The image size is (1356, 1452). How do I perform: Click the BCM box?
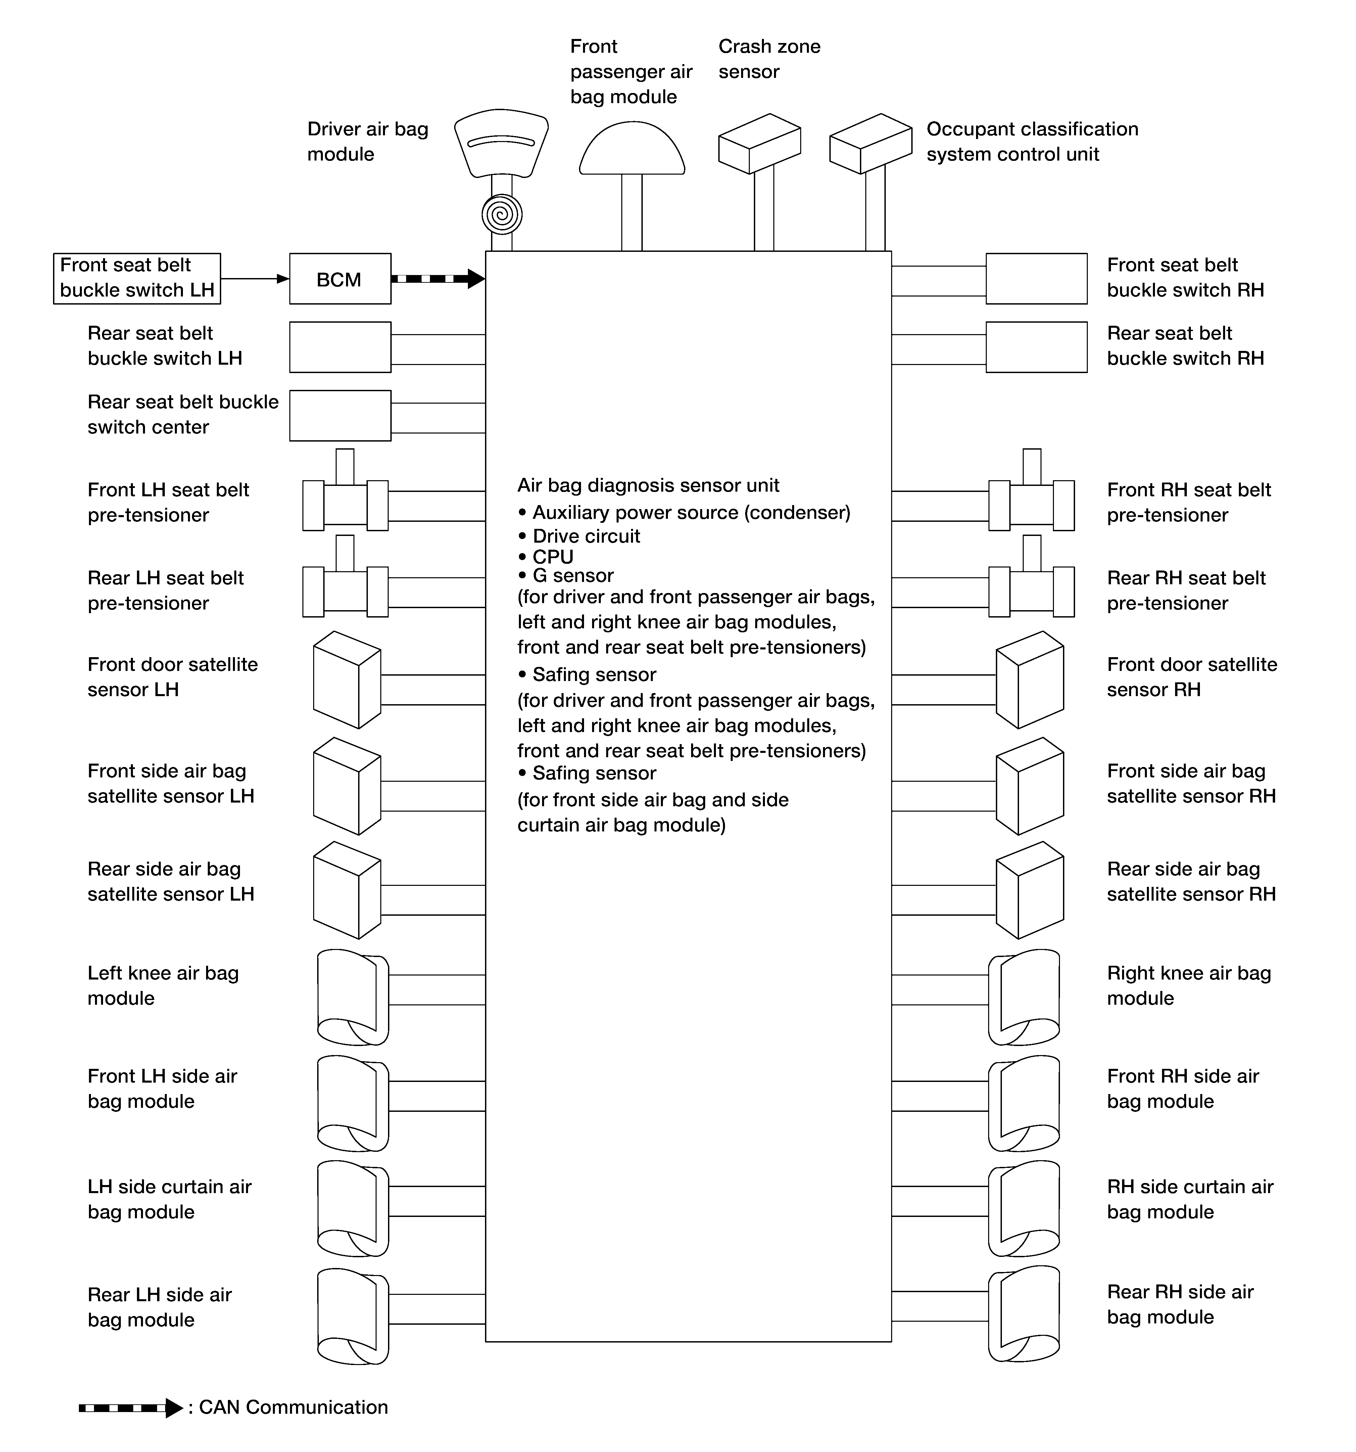click(x=340, y=279)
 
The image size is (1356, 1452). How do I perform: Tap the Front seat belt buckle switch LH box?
click(x=137, y=278)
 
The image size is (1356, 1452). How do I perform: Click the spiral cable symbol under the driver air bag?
click(x=502, y=215)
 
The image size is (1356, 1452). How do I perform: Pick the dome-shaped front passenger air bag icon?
click(x=632, y=150)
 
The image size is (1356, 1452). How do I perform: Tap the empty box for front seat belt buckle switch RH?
click(x=1036, y=278)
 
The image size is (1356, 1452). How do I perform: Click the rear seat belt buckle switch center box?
click(x=340, y=416)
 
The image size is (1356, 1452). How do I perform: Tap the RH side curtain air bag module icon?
click(x=1024, y=1209)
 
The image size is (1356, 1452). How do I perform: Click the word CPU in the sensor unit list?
click(x=553, y=556)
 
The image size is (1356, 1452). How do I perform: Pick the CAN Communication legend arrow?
click(x=130, y=1407)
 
